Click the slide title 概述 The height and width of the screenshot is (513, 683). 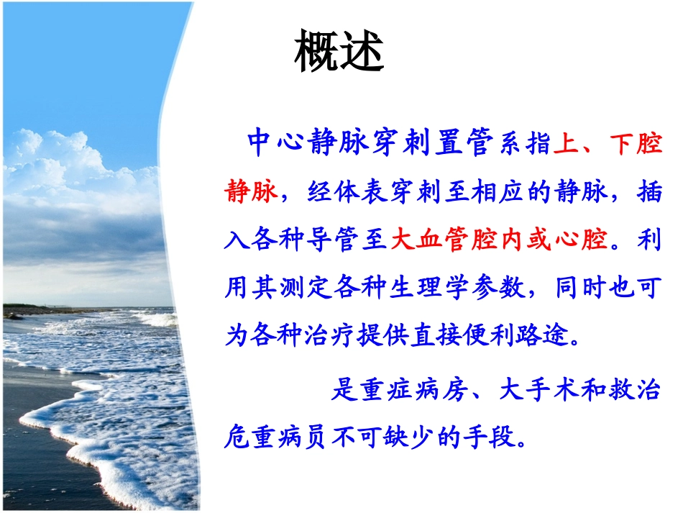click(x=339, y=53)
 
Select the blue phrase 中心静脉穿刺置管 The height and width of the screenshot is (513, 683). click(x=371, y=143)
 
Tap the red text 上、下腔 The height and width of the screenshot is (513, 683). click(x=608, y=143)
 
